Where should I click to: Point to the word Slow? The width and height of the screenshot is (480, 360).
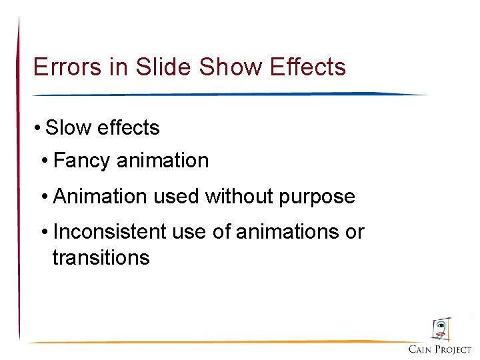tap(69, 127)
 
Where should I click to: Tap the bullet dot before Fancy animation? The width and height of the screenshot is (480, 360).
tap(45, 161)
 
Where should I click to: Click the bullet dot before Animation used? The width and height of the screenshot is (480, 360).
tap(45, 196)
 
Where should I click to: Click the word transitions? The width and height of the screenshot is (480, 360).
tap(101, 257)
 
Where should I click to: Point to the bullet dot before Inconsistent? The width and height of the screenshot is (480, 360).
tap(45, 231)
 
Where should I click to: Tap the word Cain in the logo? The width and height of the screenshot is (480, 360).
tap(421, 349)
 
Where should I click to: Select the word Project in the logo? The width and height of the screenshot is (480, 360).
tap(454, 349)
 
